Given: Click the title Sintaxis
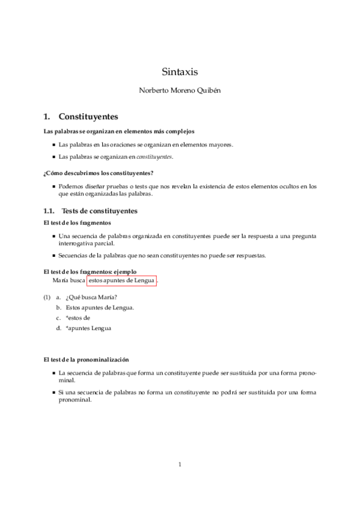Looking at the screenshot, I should click(x=180, y=72).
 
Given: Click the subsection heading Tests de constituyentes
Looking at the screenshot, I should click(x=100, y=211).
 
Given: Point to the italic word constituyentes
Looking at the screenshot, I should click(x=154, y=156).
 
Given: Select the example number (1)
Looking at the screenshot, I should click(x=46, y=298).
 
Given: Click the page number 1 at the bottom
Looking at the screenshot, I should click(x=180, y=464).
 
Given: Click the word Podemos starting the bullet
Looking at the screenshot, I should click(x=72, y=186).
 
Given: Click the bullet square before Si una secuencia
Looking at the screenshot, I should click(x=54, y=393).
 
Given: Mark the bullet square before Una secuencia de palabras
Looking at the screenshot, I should click(x=54, y=236).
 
